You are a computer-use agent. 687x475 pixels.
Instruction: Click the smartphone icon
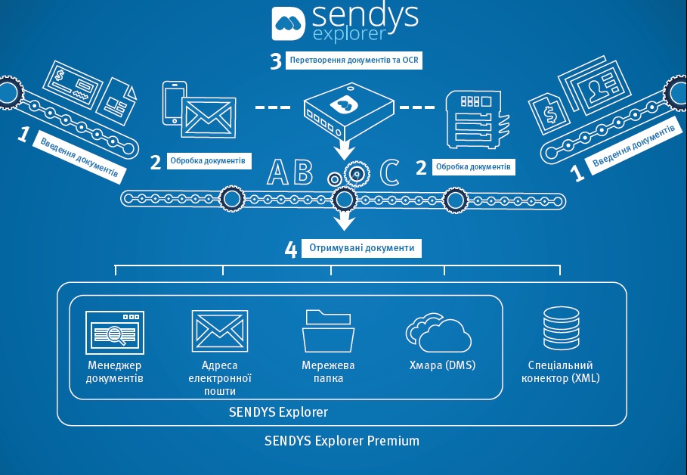coord(173,103)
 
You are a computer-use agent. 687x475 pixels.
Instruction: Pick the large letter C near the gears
coord(389,172)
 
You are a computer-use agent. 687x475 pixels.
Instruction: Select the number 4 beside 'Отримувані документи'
coord(291,250)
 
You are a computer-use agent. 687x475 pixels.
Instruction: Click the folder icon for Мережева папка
coord(328,331)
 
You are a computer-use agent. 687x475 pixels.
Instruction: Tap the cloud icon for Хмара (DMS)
coord(438,334)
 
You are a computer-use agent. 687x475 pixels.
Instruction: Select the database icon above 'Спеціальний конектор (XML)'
coord(561,331)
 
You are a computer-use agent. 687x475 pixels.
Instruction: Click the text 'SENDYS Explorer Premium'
coord(342,440)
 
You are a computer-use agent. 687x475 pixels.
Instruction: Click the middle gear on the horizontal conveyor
coord(345,200)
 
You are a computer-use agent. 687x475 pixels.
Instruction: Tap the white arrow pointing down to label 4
coord(345,220)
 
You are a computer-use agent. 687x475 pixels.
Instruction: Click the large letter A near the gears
coord(278,172)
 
